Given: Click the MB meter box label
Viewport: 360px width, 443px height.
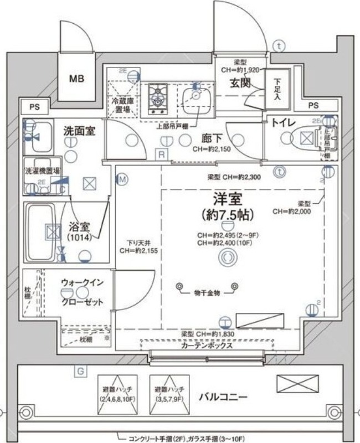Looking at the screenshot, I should point(76,79).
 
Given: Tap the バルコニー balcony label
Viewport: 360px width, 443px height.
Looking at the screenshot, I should point(223,396).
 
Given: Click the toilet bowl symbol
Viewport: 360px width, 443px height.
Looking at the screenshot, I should point(304,137).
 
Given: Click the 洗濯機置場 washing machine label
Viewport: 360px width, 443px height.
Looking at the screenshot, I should point(42,171).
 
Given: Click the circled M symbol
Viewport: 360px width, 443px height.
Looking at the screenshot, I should point(122,179).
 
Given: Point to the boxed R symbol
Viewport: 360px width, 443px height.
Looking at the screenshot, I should point(161,154).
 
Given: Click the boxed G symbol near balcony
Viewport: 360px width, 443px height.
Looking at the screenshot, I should point(80,371).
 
